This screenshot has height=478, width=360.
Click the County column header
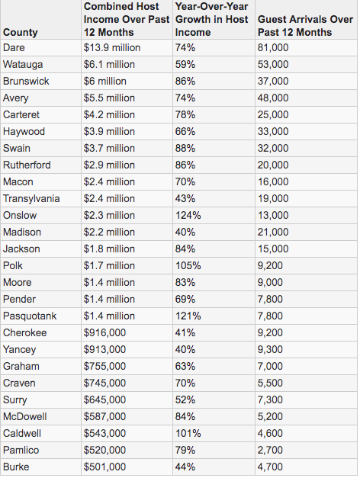click(x=20, y=32)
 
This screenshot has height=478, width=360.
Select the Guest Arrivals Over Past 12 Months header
click(x=305, y=26)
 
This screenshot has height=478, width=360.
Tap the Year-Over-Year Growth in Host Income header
click(x=212, y=19)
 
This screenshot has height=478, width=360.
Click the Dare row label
click(x=14, y=47)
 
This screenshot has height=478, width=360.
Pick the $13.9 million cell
click(x=112, y=47)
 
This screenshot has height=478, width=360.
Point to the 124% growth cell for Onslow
click(x=188, y=215)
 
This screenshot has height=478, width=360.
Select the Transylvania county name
click(x=31, y=198)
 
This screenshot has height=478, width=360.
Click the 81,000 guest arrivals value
click(x=273, y=47)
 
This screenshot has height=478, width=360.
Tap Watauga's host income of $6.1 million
click(x=109, y=64)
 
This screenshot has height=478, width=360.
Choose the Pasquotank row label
click(x=30, y=316)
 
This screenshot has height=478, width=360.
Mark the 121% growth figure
click(x=188, y=316)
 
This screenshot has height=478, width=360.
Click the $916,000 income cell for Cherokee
click(x=104, y=332)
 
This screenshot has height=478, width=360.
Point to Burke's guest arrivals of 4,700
click(x=270, y=467)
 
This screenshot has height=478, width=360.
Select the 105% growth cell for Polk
click(x=188, y=265)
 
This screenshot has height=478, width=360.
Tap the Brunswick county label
click(x=26, y=81)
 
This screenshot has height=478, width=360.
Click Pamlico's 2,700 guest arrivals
click(x=270, y=450)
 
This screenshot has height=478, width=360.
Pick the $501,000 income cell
click(x=104, y=467)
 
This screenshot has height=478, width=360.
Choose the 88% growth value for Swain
click(x=185, y=148)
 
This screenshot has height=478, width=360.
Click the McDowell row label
click(x=24, y=416)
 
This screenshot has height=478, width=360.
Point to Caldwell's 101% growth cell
click(x=188, y=433)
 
